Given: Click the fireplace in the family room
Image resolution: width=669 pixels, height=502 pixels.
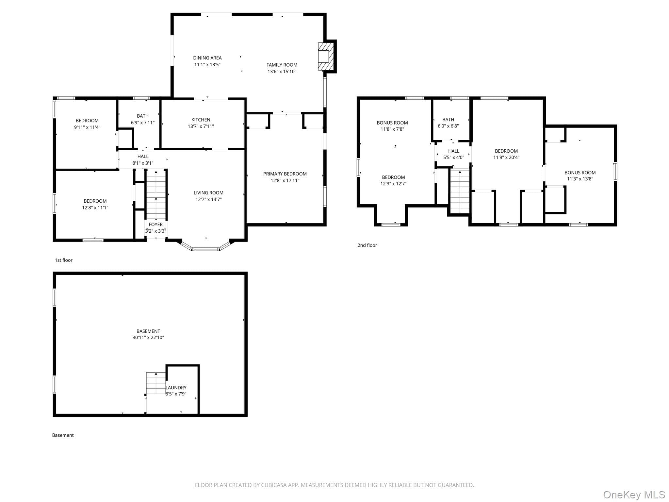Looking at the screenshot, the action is tap(326, 56).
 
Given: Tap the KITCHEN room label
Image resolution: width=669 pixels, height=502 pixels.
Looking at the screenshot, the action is tap(201, 120).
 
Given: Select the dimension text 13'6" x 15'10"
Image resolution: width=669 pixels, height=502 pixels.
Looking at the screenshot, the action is tap(282, 72).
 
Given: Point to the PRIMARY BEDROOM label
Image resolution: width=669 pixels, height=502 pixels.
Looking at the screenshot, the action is tap(285, 174).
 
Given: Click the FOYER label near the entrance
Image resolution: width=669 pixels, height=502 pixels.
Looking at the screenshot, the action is tap(155, 225).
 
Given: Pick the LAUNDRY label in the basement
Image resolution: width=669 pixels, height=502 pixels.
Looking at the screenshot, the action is tap(176, 388).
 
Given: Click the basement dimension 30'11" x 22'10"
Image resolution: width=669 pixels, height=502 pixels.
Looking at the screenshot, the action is tap(148, 338).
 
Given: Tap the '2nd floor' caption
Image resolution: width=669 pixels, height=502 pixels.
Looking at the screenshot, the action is tap(367, 245).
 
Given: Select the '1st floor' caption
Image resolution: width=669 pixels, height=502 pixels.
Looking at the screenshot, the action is tap(64, 260).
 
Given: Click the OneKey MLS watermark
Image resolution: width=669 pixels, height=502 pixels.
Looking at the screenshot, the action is tap(634, 495).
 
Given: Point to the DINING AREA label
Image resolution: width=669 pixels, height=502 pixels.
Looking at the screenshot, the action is tap(207, 58).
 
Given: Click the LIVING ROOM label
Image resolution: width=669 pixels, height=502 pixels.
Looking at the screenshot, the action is tap(208, 193).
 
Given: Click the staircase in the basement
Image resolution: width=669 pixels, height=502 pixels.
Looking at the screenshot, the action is tap(156, 383).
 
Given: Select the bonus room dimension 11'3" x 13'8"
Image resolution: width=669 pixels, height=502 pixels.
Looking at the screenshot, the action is tap(580, 179).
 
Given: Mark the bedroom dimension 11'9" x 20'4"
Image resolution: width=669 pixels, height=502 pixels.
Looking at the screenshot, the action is tap(506, 157).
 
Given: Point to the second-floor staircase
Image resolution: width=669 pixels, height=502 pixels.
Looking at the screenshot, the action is tap(460, 192).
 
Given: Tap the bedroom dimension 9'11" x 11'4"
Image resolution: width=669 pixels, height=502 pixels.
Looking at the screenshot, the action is tap(87, 127).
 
